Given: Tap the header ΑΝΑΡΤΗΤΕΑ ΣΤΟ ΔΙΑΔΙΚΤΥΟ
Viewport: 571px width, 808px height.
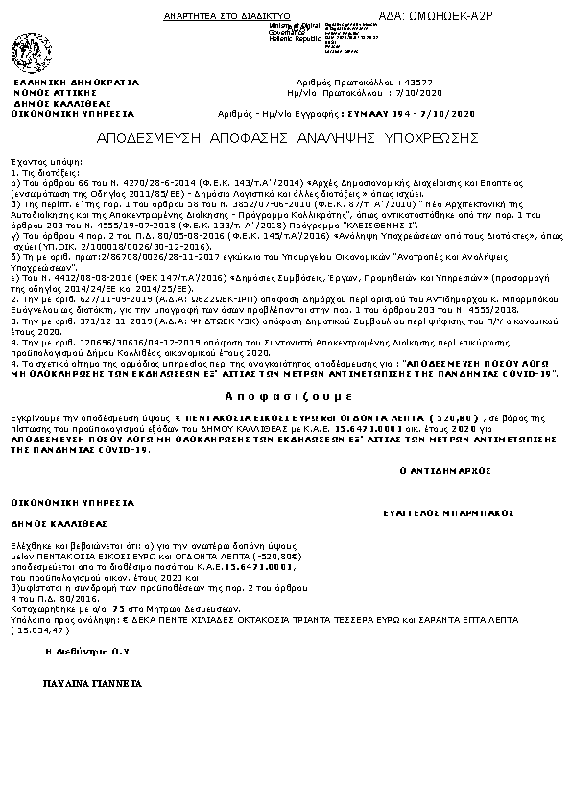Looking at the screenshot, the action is pos(214,17).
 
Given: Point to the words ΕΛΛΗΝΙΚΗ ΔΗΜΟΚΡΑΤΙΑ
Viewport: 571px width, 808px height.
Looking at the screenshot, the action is pos(76,83).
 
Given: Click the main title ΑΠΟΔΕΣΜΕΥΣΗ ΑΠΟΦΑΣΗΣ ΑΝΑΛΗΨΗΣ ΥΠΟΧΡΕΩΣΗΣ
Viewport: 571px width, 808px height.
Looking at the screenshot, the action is pos(288,137).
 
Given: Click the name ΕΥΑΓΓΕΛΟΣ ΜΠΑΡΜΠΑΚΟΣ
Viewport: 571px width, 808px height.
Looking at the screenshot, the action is pos(437,514).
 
